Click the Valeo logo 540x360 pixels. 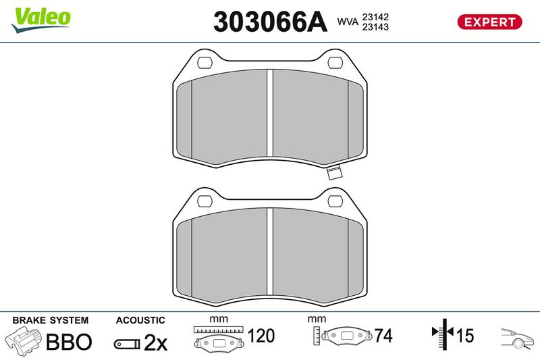[41, 20]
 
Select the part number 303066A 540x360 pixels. [270, 22]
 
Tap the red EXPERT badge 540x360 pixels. [489, 22]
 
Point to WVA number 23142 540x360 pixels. [375, 17]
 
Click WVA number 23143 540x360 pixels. [375, 27]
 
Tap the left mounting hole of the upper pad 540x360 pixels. [205, 63]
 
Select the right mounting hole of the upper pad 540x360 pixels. [335, 63]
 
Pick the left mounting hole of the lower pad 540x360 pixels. [205, 201]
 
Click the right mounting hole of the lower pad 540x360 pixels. [335, 201]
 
